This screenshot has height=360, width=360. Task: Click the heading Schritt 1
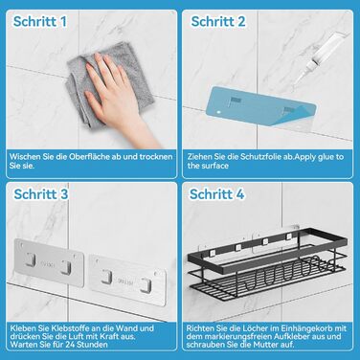click(40, 22)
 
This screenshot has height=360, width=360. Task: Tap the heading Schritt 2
click(218, 22)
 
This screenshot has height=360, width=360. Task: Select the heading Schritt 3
click(41, 194)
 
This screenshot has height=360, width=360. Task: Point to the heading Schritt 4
click(216, 194)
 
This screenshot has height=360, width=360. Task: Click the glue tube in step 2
click(319, 59)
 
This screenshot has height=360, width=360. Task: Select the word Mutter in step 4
click(264, 345)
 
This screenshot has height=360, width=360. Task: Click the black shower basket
click(267, 261)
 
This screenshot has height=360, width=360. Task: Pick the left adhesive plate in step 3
click(49, 262)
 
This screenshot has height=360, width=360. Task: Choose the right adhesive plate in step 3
click(127, 280)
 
